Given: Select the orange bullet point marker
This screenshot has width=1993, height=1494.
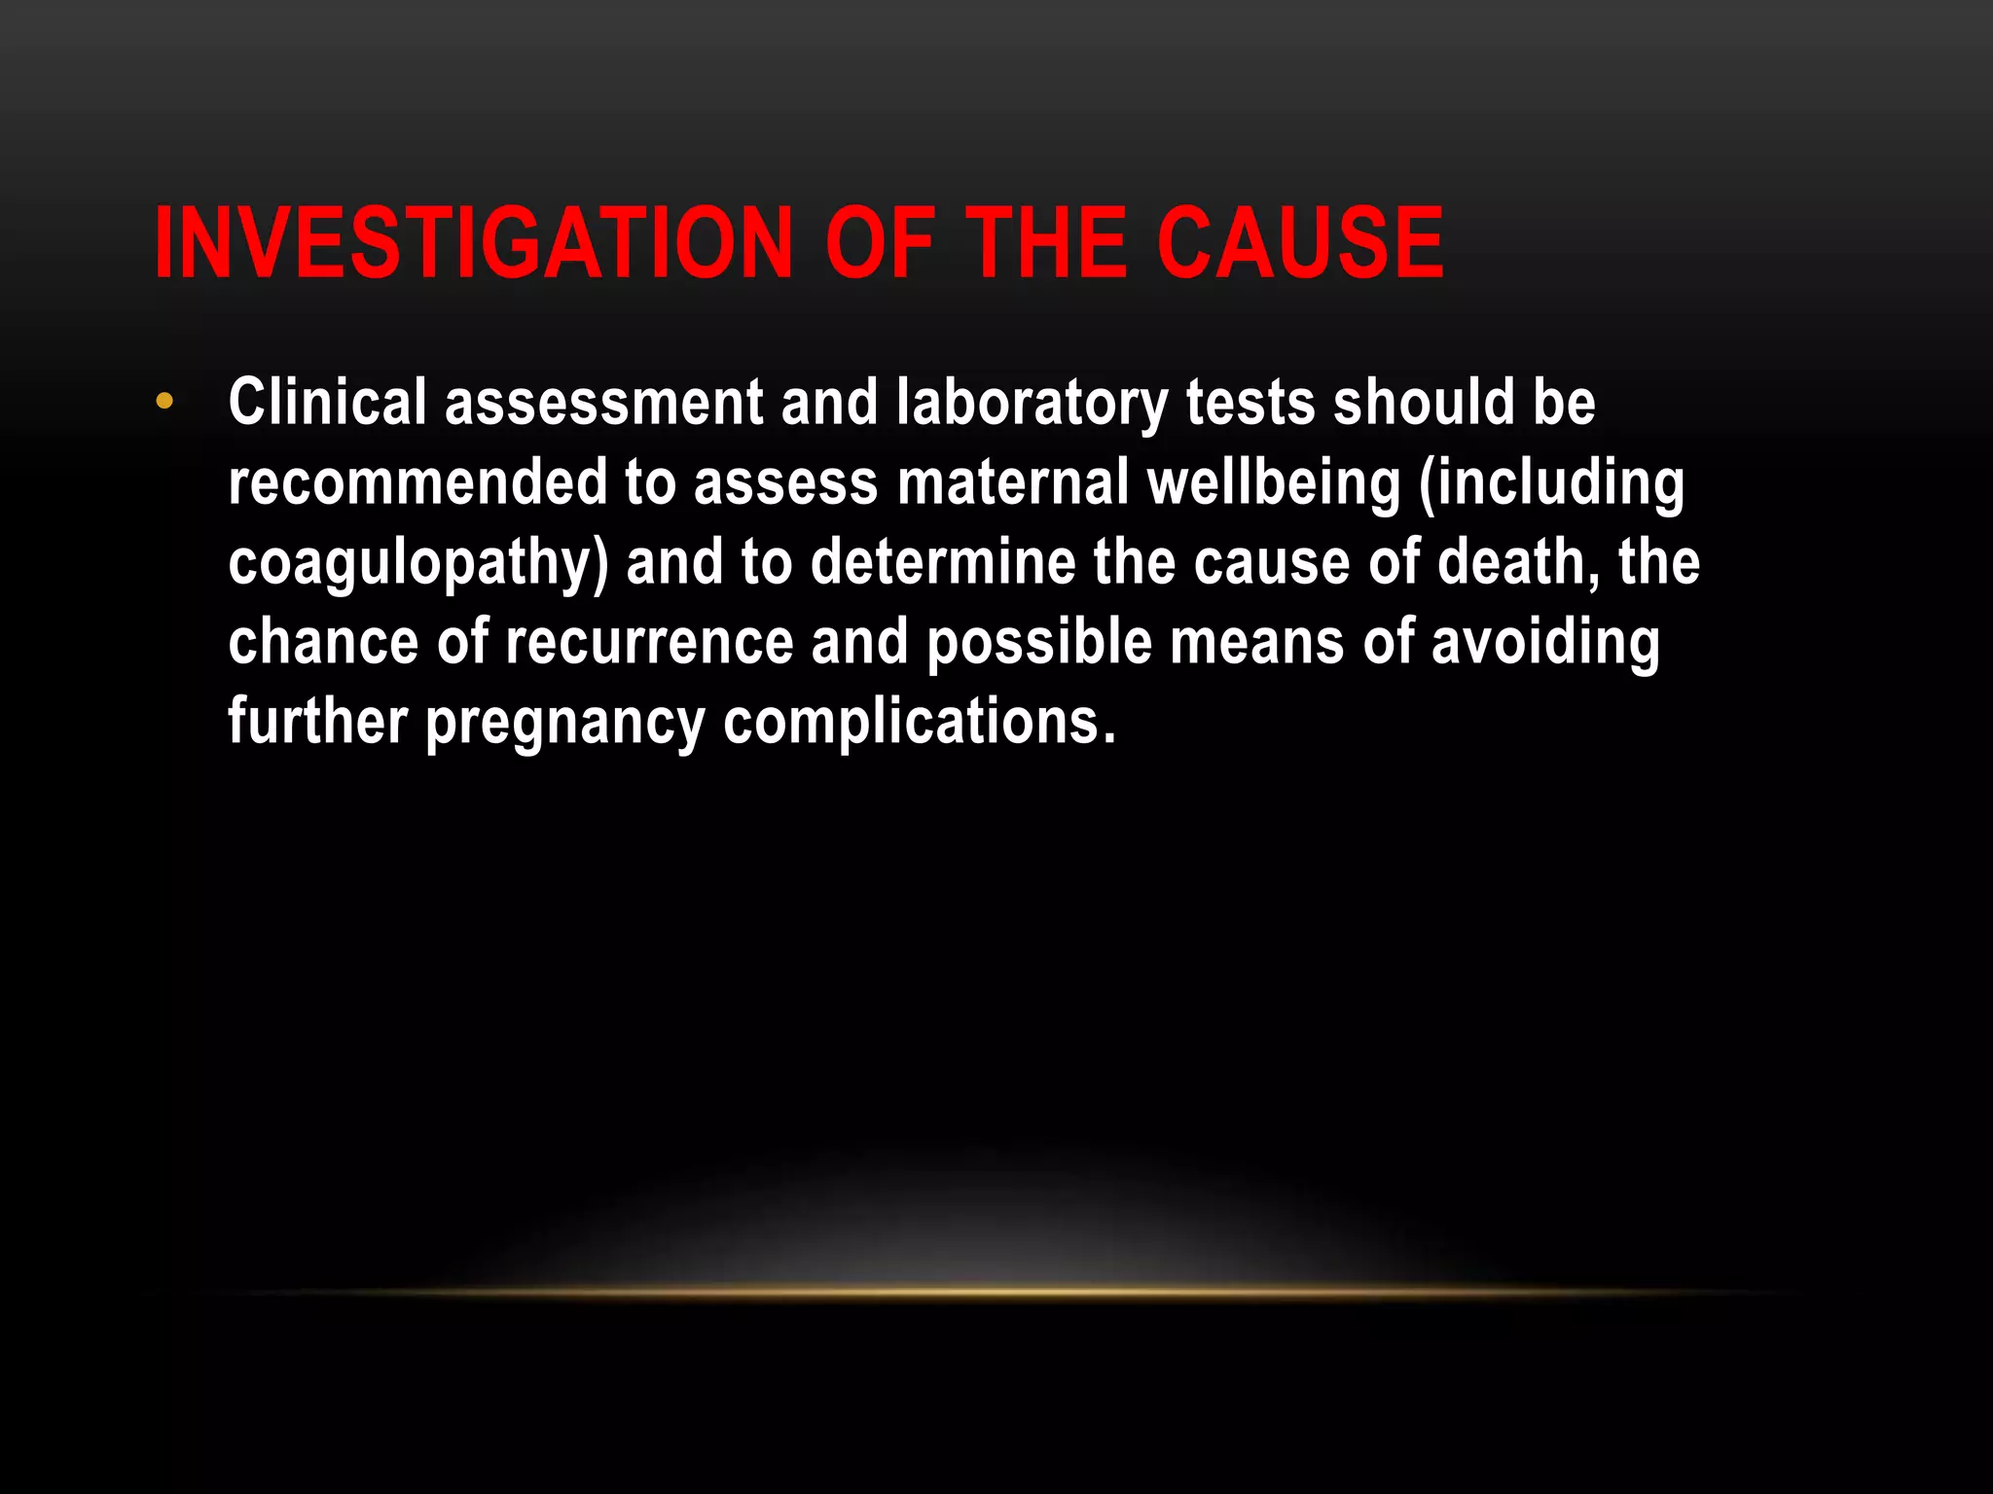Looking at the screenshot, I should point(164,401).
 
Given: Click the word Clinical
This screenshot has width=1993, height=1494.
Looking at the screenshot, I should point(327,403).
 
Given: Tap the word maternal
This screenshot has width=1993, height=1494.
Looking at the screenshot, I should point(1012,482).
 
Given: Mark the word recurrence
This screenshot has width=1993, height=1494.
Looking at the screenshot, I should point(649,642).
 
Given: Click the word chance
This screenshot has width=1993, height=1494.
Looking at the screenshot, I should point(323,642).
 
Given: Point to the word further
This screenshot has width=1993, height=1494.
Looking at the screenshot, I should point(317,722).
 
